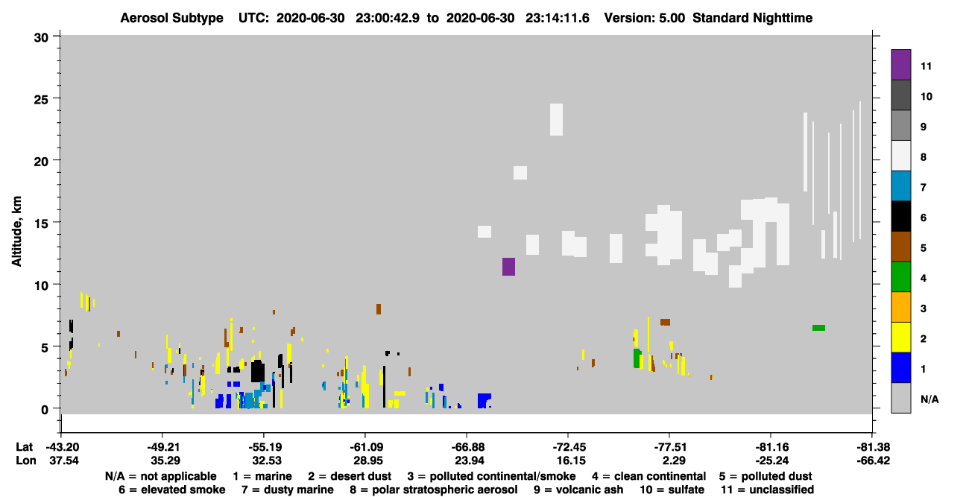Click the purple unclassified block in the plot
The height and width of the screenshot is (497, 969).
[x=508, y=267]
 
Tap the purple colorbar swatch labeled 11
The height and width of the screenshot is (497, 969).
[x=900, y=65]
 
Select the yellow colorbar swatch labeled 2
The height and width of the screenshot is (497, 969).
[x=900, y=338]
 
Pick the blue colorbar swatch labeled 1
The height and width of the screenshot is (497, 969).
[x=900, y=367]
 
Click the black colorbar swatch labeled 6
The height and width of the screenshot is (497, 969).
[x=900, y=216]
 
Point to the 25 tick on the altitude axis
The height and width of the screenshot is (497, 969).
[x=56, y=98]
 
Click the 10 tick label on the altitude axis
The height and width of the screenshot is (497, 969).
[x=41, y=285]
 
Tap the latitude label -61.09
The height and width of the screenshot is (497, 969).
[x=364, y=447]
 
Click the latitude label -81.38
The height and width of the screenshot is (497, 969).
[x=873, y=447]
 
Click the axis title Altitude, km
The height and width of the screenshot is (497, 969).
[x=16, y=231]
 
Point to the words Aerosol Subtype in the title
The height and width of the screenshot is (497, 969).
[x=171, y=18]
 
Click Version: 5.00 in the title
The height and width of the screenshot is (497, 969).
[x=645, y=18]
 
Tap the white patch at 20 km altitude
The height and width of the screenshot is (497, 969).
[x=520, y=173]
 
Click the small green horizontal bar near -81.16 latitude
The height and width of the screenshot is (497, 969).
[x=818, y=328]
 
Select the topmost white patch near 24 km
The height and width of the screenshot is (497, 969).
[x=556, y=119]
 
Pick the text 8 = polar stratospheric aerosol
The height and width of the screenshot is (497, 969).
[x=434, y=490]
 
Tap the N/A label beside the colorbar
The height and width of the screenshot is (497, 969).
[x=929, y=399]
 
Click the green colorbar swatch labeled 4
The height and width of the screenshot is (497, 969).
[x=900, y=277]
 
